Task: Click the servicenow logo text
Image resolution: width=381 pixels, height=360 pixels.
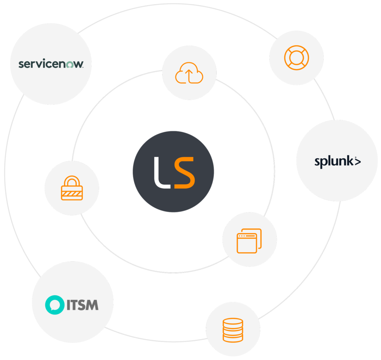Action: [51, 64]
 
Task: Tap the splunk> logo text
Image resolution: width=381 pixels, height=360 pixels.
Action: [337, 162]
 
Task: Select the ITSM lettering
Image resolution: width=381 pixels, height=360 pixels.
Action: [83, 305]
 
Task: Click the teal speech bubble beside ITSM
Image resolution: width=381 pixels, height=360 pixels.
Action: [55, 305]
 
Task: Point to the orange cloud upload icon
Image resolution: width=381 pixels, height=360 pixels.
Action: [189, 73]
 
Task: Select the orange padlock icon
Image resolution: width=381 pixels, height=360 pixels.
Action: [72, 188]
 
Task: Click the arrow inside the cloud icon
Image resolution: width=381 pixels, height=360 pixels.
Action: [189, 76]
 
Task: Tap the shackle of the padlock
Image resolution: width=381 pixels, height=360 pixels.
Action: [72, 180]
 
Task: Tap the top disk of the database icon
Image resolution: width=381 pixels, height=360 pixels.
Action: [233, 321]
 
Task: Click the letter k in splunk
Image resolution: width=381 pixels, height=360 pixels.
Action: [349, 161]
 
